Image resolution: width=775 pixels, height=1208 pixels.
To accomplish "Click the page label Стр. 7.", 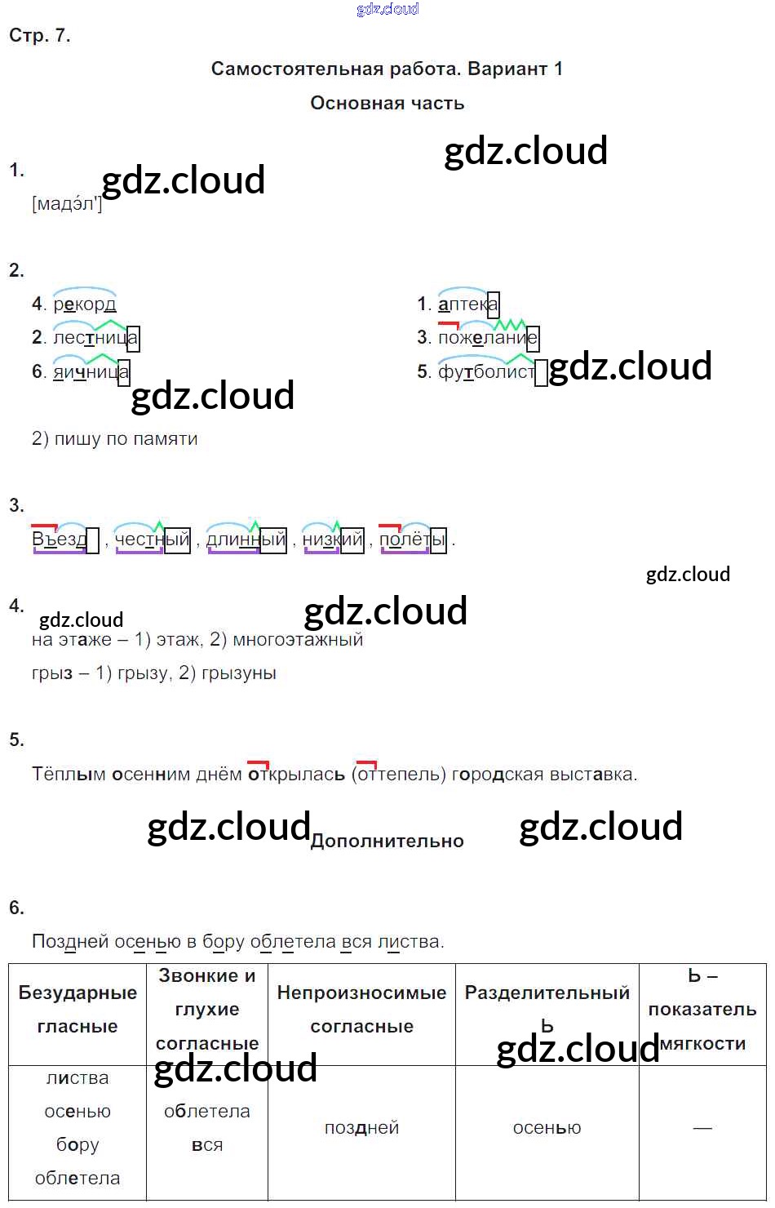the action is (39, 36).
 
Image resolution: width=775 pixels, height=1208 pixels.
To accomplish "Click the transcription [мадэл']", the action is (67, 204).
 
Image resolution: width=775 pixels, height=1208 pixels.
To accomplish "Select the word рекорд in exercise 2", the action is (85, 304).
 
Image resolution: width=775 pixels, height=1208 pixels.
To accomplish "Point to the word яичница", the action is (91, 371).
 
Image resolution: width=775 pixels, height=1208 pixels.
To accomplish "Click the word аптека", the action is (468, 304).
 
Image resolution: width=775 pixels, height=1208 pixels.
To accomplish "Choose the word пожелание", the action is (489, 338).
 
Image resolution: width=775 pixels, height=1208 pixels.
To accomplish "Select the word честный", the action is (152, 539).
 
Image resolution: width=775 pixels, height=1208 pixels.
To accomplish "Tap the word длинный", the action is (246, 539).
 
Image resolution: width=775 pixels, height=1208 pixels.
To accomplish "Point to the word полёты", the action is (413, 539).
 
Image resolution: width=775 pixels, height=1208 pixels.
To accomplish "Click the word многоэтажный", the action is (298, 640).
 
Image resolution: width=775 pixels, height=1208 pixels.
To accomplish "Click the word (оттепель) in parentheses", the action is (399, 775).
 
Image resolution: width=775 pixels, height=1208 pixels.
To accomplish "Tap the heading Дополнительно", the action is (387, 841).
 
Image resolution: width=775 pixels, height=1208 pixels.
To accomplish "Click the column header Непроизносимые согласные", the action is (361, 1009).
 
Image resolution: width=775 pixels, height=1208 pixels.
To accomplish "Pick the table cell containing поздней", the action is (361, 1127).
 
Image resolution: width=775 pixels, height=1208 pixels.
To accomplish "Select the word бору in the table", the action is (77, 1144).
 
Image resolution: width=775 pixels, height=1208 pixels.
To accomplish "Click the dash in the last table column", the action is (702, 1128).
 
